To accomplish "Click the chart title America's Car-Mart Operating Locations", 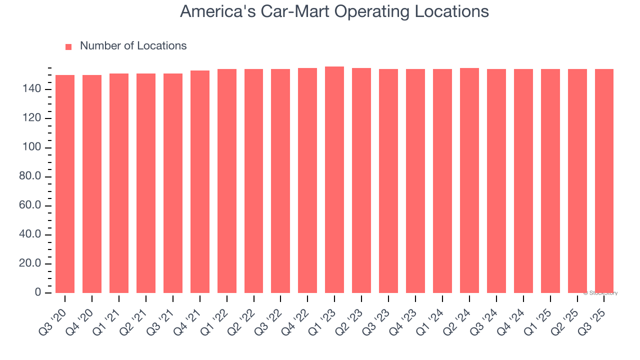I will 334,11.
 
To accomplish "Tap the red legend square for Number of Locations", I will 68,46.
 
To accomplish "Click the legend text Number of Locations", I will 133,45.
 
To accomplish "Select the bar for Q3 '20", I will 65,184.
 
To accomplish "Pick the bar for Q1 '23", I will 334,180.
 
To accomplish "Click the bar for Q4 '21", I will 200,182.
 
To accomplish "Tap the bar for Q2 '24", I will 469,180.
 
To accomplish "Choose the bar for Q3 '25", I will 604,181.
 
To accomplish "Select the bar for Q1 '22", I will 227,181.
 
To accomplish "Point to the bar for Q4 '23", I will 415,181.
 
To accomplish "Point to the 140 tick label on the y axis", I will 32,89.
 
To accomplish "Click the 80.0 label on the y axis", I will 29,177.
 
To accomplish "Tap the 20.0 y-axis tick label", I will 29,264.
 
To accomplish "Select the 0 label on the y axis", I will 38,293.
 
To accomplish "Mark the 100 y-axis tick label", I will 32,148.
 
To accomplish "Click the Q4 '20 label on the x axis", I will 81,316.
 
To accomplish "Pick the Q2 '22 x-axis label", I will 243,316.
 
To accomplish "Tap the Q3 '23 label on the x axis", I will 378,316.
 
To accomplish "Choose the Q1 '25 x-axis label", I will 540,316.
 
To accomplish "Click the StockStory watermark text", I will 600,293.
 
